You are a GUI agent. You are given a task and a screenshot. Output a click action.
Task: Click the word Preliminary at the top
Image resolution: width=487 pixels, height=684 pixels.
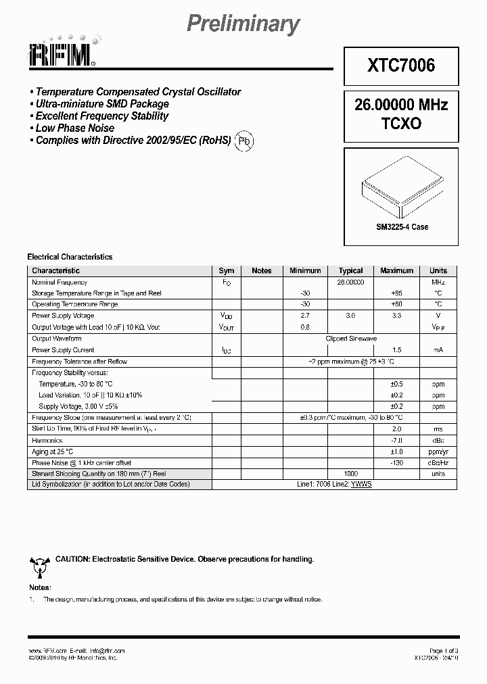(x=243, y=24)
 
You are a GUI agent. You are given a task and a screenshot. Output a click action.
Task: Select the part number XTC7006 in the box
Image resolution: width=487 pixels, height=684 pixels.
(x=401, y=65)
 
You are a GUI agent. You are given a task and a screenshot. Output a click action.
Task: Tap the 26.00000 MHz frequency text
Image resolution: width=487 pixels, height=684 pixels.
(x=401, y=105)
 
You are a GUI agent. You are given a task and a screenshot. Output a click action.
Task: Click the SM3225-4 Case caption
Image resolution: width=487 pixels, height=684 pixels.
(x=402, y=227)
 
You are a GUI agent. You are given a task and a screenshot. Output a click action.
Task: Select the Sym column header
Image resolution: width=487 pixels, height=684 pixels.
(x=227, y=270)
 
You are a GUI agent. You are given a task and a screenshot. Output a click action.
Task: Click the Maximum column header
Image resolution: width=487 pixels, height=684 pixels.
(x=396, y=270)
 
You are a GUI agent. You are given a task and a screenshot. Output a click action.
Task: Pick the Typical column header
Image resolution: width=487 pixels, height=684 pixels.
(x=350, y=270)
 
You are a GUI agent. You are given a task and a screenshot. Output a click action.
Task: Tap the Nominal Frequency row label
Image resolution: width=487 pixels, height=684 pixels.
(x=60, y=282)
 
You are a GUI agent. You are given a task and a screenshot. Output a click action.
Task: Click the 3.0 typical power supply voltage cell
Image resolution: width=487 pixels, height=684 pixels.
(x=350, y=316)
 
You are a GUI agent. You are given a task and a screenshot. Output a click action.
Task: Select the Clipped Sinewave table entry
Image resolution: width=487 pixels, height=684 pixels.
(x=351, y=339)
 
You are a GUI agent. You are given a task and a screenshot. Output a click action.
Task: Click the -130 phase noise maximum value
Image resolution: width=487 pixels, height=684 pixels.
(x=396, y=462)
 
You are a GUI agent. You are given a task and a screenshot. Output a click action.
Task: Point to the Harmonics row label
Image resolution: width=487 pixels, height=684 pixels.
(x=47, y=440)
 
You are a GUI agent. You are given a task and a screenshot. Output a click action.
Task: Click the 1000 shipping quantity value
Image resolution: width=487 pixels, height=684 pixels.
(x=350, y=474)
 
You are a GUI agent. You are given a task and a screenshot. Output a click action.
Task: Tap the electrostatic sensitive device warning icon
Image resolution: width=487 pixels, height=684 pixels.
(x=37, y=564)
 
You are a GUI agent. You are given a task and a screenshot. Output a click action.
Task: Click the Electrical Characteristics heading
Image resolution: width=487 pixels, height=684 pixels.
(x=70, y=257)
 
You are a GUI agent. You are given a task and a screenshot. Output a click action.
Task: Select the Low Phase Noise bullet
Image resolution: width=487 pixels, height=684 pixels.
(x=74, y=128)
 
